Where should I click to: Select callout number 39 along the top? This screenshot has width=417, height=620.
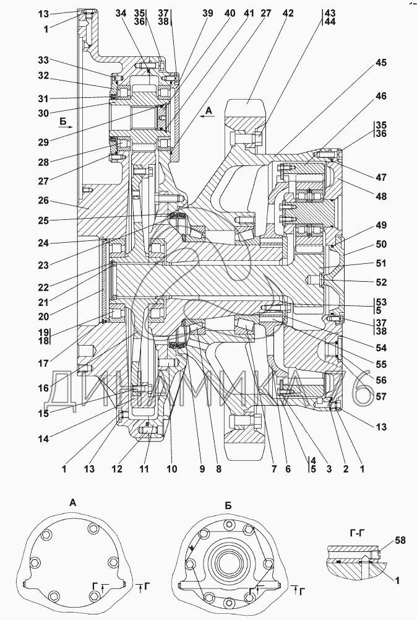coord(206,13)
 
